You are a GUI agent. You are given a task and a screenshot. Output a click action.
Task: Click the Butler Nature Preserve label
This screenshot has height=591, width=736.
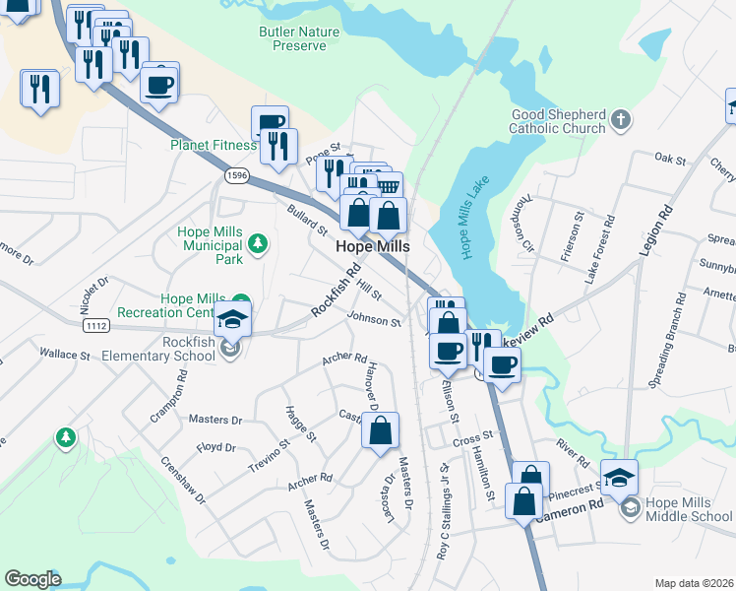[298, 38]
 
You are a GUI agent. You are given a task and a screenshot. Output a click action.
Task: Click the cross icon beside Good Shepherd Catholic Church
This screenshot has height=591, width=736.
[620, 120]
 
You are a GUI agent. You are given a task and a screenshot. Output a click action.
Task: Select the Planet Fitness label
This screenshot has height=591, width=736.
[213, 145]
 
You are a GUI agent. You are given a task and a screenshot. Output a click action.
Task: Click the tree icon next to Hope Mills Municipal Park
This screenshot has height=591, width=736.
[258, 242]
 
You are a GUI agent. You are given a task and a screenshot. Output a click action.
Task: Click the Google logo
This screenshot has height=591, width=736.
[31, 579]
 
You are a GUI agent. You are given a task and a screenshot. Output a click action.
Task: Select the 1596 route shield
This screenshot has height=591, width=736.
[236, 175]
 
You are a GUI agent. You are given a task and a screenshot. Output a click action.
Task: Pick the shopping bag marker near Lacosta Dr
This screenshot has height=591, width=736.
[381, 430]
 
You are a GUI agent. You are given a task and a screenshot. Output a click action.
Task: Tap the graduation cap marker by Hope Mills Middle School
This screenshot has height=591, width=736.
[619, 478]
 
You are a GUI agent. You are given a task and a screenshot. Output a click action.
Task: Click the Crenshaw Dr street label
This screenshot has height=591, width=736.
[183, 480]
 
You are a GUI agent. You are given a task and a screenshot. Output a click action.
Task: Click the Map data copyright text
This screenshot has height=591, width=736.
[694, 583]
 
